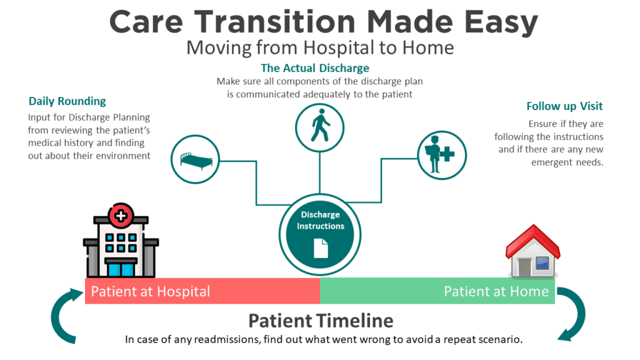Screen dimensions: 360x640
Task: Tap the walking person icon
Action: (319, 126)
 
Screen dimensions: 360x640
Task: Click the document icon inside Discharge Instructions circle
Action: (320, 247)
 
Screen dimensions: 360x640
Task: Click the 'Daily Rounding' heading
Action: (67, 101)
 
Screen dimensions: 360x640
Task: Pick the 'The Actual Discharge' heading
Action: (315, 68)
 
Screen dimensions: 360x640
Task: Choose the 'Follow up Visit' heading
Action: (564, 106)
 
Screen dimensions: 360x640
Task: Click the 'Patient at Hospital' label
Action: (151, 291)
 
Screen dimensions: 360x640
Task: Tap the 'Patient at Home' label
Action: (496, 291)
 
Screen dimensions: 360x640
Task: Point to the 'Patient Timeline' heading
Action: (321, 321)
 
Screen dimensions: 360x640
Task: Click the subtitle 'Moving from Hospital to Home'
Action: (320, 47)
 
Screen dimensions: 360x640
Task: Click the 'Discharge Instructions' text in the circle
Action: (320, 221)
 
